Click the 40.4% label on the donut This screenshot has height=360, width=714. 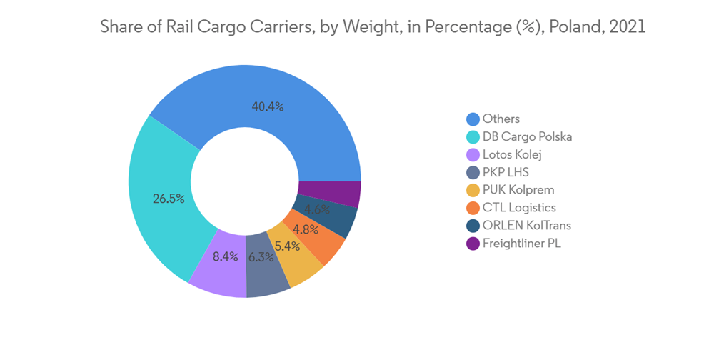tap(268, 107)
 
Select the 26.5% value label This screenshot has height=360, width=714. tap(169, 199)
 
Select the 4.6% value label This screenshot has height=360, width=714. tap(317, 210)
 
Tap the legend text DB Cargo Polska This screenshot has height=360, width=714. tap(527, 136)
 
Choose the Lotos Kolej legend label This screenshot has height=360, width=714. tap(512, 154)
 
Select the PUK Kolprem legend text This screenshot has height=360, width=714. tap(518, 190)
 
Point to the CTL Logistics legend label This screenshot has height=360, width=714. tap(519, 208)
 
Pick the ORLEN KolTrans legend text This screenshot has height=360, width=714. tap(527, 226)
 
